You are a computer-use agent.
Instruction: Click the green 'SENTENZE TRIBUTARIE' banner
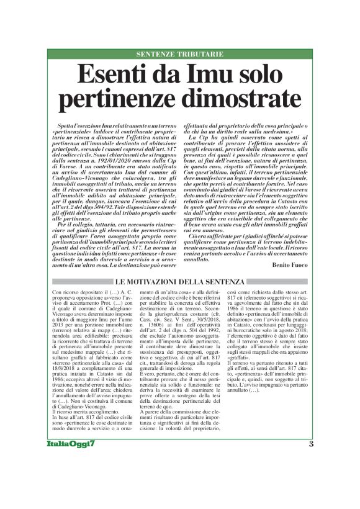[179, 54]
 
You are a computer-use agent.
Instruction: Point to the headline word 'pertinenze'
[115, 99]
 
